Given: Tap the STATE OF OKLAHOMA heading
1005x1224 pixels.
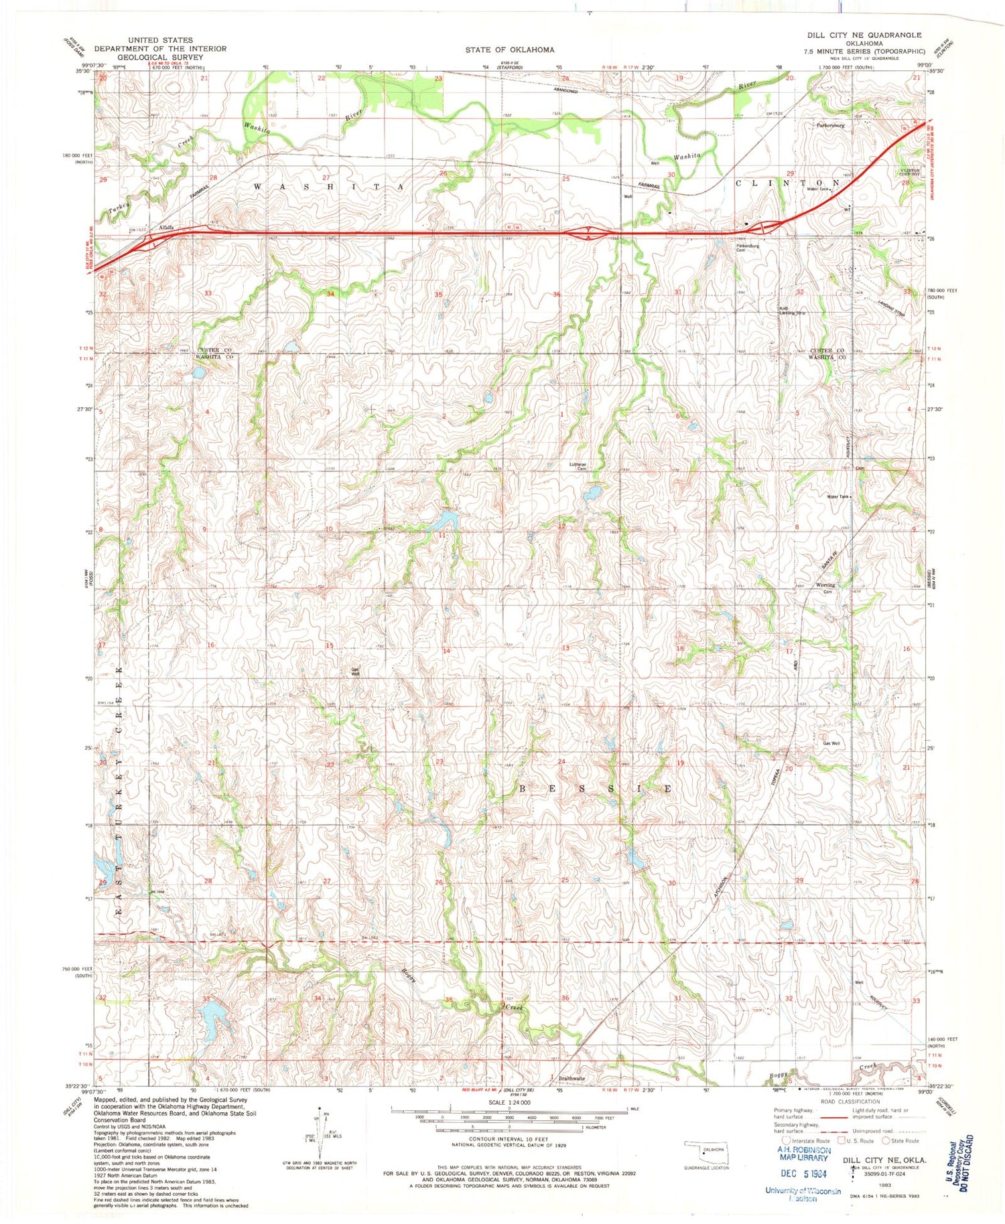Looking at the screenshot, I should (x=510, y=50).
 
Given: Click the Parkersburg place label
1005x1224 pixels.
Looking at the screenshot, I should (x=830, y=125).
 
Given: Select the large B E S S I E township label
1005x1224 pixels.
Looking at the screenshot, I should (x=595, y=789).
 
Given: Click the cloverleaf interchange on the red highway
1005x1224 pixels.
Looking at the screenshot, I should (x=587, y=233).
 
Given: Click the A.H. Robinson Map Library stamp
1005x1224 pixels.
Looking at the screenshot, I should (x=804, y=1154).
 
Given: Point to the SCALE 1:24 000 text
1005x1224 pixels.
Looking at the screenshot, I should (x=509, y=1102).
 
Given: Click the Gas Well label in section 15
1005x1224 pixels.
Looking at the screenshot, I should (x=356, y=672).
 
